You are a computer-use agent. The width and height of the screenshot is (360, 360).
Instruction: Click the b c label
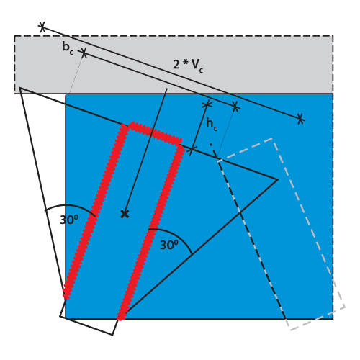[68, 48]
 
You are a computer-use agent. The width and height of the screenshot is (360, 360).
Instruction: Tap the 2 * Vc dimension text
[188, 66]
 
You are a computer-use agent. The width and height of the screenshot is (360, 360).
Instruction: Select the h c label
[212, 125]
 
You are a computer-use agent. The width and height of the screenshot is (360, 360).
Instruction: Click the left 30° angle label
[69, 220]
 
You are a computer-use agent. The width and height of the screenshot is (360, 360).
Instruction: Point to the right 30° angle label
[169, 245]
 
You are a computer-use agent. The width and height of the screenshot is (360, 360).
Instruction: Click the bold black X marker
[125, 214]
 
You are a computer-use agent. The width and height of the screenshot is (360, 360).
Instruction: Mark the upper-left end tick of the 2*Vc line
[42, 27]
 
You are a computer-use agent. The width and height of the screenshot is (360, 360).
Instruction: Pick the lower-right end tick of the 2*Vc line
[300, 119]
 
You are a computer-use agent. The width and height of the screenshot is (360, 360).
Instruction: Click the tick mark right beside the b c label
[84, 53]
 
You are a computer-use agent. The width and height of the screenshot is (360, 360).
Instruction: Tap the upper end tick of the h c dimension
[207, 104]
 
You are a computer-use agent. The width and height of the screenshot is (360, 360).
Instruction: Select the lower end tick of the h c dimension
[192, 150]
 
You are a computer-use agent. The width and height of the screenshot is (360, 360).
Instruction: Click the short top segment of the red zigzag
[153, 133]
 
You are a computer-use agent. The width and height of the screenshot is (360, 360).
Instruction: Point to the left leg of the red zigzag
[96, 211]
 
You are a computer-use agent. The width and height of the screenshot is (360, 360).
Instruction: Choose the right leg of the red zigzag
[150, 232]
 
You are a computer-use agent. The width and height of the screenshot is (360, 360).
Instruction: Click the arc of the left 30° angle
[70, 207]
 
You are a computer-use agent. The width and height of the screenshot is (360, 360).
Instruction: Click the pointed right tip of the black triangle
[278, 179]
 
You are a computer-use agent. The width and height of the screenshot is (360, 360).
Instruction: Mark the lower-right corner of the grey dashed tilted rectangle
[345, 307]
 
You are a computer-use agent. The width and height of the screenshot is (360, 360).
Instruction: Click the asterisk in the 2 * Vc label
[185, 63]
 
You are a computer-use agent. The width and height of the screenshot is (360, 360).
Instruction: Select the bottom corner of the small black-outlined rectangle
[112, 335]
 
